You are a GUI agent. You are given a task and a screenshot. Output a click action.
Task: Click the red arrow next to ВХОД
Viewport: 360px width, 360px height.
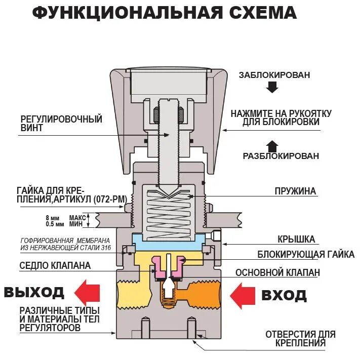pos(243,295)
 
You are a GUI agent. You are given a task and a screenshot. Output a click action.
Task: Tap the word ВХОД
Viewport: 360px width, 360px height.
pos(284,295)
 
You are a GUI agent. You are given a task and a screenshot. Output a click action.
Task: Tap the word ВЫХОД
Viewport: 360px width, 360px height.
pos(34,292)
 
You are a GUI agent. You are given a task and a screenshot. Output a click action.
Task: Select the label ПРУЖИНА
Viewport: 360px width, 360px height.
pos(295,191)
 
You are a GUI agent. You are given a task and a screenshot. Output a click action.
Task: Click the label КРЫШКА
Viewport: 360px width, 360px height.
pos(296,239)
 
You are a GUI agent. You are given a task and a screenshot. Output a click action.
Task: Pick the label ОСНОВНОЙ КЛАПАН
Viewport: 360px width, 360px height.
pos(277,272)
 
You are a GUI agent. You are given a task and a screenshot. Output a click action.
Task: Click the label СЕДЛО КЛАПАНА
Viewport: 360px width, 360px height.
pos(55,265)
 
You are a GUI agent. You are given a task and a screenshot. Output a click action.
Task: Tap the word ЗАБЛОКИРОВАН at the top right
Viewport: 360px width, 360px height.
pos(274,75)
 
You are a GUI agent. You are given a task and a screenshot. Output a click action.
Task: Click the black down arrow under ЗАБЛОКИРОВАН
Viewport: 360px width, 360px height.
pos(272,87)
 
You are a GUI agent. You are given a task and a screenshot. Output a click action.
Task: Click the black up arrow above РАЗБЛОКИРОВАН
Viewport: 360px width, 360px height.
pos(272,146)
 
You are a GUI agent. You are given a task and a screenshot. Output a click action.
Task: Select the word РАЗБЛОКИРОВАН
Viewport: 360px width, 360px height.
pos(281,156)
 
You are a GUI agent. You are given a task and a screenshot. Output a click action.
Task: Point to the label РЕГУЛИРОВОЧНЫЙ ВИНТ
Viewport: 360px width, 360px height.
pos(61,124)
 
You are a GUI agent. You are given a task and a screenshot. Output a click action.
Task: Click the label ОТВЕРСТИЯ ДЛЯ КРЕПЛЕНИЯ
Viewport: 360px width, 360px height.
pos(300,339)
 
